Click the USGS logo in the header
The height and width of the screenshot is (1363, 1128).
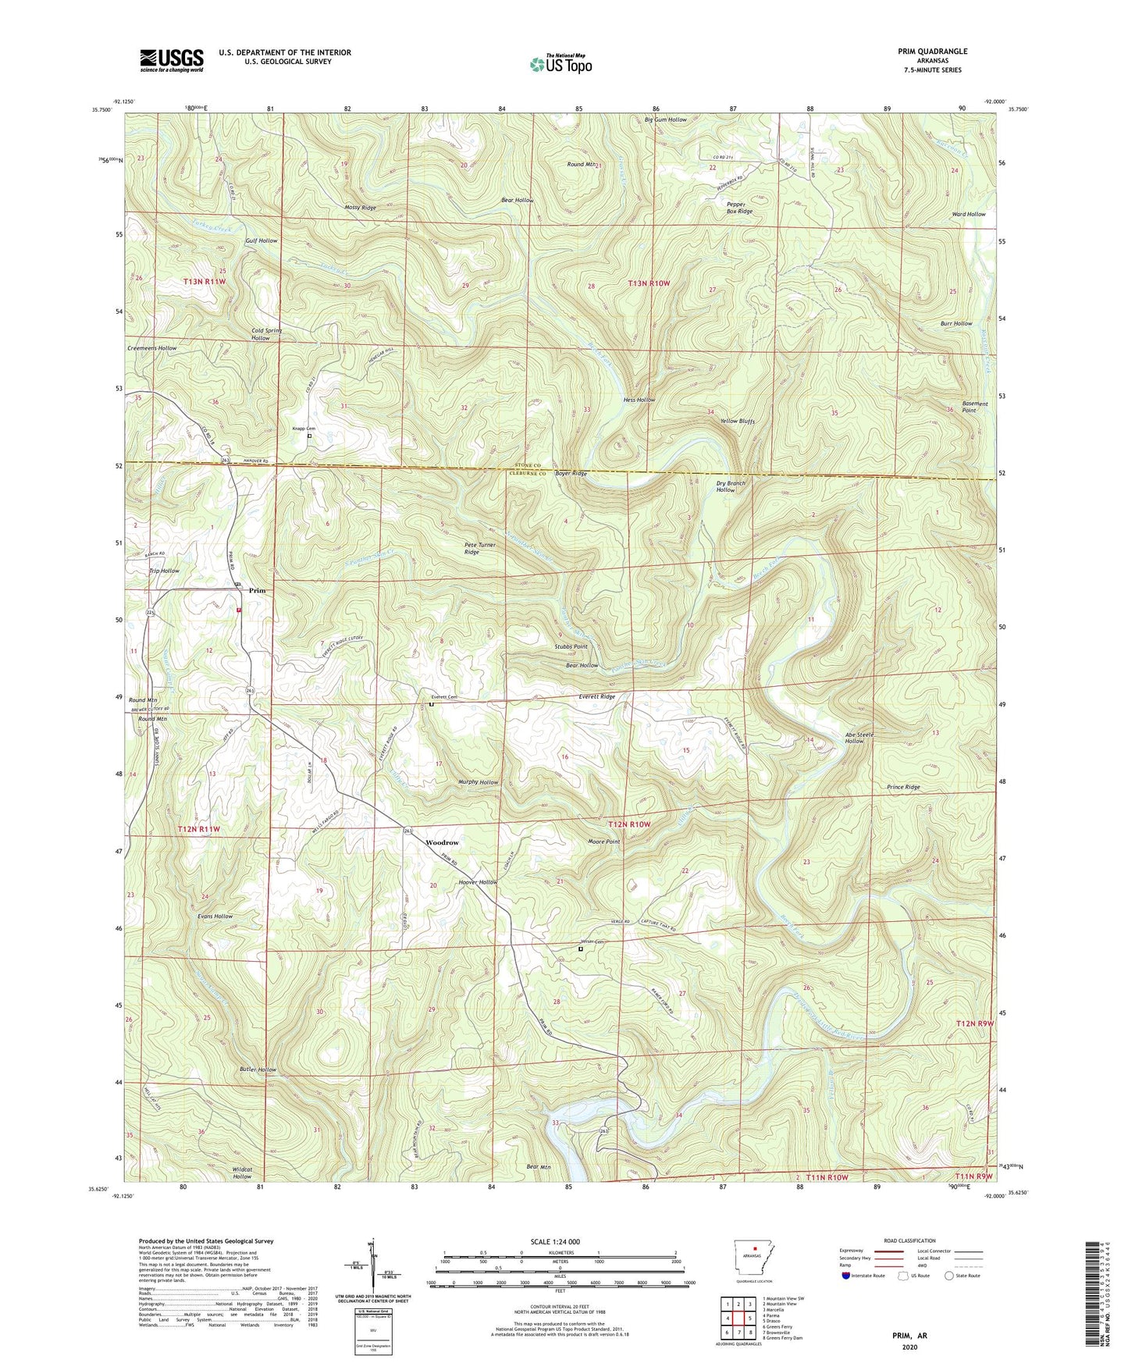pyautogui.click(x=172, y=60)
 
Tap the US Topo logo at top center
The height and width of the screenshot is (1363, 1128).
pyautogui.click(x=560, y=64)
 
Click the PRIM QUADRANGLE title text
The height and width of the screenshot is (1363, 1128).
pyautogui.click(x=932, y=52)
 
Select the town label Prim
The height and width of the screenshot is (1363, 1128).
pyautogui.click(x=257, y=591)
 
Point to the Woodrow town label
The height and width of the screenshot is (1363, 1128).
pyautogui.click(x=442, y=843)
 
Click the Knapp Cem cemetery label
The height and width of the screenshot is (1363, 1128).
pyautogui.click(x=303, y=429)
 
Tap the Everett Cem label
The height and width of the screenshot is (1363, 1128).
pyautogui.click(x=443, y=697)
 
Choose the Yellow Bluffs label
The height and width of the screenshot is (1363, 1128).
pyautogui.click(x=737, y=422)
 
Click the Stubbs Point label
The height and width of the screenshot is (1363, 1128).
pyautogui.click(x=571, y=647)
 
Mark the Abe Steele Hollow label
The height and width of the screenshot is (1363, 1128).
pyautogui.click(x=859, y=738)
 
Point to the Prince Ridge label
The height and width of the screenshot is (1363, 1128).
pyautogui.click(x=903, y=788)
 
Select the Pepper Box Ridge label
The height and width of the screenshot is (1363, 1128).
pyautogui.click(x=739, y=208)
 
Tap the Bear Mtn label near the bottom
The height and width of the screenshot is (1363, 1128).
pyautogui.click(x=538, y=1166)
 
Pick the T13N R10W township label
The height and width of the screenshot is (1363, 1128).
pyautogui.click(x=649, y=283)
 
